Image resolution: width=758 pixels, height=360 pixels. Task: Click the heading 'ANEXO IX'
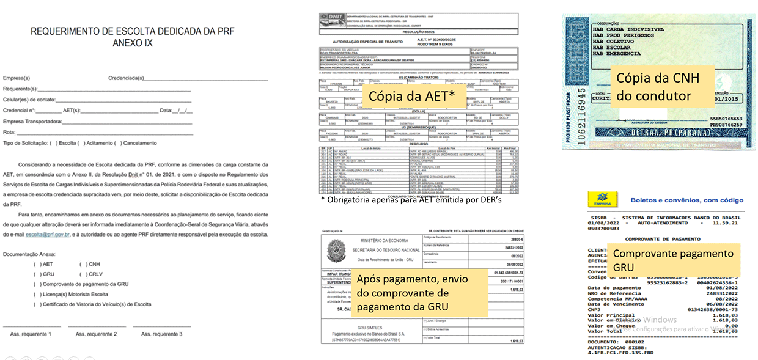point(132,43)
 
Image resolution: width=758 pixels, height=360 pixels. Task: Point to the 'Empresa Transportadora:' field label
point(32,122)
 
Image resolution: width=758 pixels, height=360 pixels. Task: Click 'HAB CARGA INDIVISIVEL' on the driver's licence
point(628,29)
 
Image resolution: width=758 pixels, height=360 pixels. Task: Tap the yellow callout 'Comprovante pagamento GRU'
point(672,260)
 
